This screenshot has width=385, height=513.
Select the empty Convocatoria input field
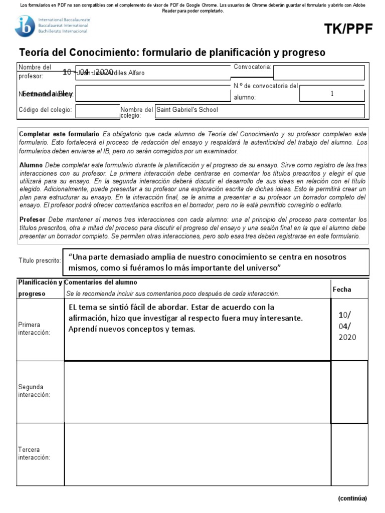318,72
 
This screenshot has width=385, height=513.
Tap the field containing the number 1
332,93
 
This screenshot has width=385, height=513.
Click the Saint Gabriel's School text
187,109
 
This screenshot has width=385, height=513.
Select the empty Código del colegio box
97,111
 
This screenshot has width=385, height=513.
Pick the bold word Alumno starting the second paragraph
31,164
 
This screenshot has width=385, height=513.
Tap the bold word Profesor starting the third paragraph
33,220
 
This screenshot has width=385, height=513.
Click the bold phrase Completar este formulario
59,134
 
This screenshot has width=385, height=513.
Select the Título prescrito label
40,261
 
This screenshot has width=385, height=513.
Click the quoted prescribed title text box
216,262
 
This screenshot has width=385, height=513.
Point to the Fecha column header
342,290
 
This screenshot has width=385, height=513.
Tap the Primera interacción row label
34,329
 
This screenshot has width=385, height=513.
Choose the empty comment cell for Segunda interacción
197,391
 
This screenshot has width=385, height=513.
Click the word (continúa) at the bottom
352,498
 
